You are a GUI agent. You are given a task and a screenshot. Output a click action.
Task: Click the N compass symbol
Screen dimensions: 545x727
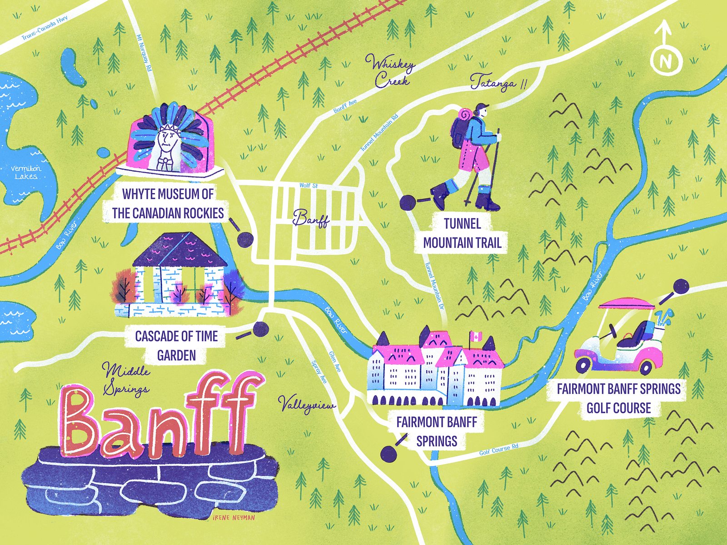(666, 60)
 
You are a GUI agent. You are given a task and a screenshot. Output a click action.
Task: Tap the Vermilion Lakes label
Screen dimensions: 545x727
(26, 173)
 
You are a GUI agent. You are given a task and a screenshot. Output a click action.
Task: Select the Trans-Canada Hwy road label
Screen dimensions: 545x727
(44, 29)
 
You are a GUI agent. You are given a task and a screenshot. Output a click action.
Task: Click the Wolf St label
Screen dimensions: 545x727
(309, 185)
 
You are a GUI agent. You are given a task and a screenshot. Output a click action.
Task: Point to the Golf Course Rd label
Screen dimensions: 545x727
(498, 450)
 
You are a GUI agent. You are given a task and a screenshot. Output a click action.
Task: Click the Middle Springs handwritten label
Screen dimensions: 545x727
(125, 379)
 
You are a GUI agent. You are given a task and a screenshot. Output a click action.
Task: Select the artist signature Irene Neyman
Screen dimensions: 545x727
(234, 517)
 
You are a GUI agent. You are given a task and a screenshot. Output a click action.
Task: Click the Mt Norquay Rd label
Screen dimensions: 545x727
(144, 53)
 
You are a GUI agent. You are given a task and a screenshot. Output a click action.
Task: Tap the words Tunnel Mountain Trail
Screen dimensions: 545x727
(462, 233)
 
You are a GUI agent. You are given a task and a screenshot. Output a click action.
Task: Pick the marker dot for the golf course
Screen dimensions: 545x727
(681, 287)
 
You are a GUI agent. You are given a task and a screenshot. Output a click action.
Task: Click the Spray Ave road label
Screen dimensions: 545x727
(319, 372)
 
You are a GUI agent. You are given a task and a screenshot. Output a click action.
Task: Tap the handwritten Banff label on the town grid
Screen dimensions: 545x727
(311, 218)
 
